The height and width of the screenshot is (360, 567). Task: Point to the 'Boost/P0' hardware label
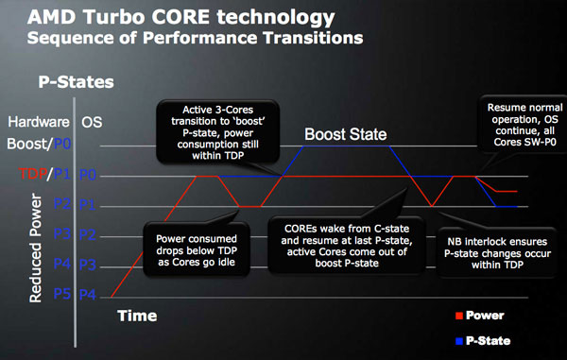[x=37, y=146]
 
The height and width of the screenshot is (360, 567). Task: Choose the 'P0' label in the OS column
[x=88, y=176]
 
